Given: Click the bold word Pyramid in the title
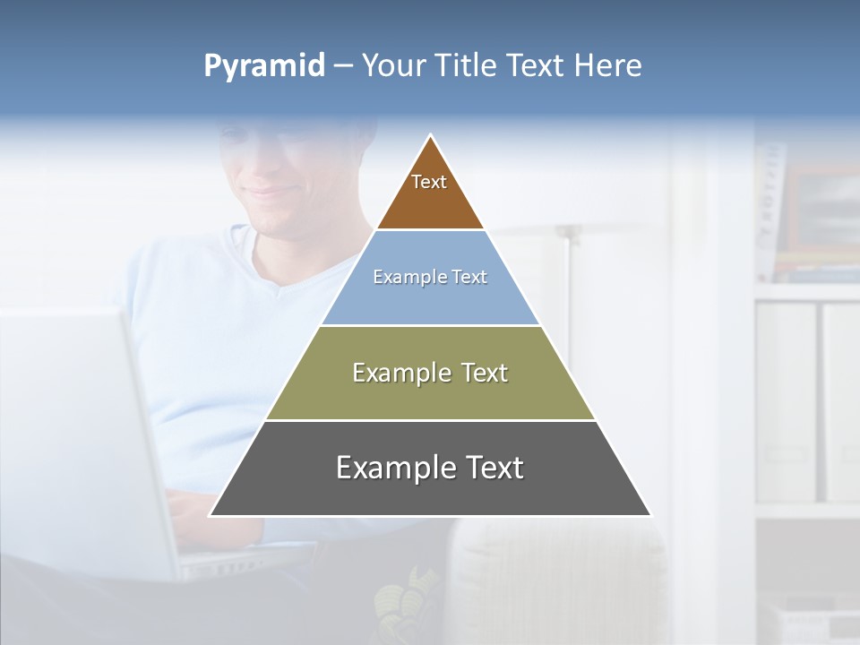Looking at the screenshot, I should pos(264,65).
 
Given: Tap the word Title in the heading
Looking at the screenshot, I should pos(467,65).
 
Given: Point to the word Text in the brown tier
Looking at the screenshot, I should pos(429,182).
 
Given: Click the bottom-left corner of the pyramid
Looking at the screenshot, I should pos(211,515).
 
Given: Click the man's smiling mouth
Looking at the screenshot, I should pos(269,193).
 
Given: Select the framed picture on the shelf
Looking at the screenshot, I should pos(820,211).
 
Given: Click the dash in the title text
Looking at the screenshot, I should pos(343,66).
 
